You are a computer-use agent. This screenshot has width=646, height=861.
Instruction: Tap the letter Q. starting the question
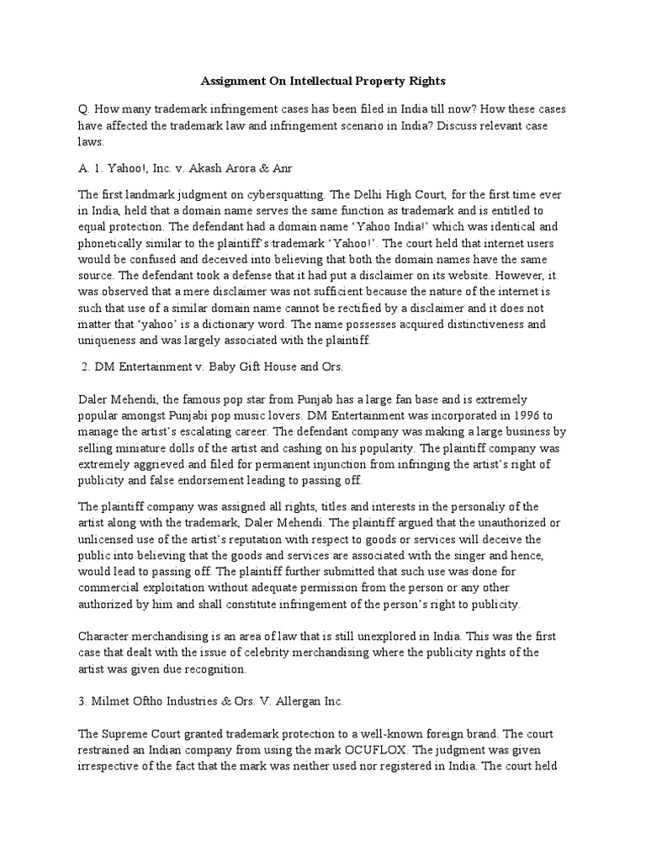pyautogui.click(x=83, y=108)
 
